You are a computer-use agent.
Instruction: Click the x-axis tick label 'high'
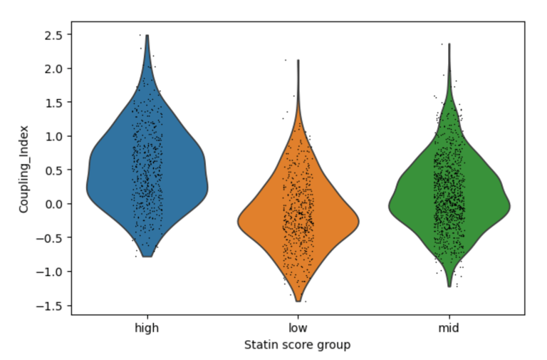[147, 328]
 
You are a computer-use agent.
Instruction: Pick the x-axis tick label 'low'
[298, 328]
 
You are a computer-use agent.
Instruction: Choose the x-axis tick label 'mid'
[449, 328]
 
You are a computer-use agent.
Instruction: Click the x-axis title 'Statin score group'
[298, 344]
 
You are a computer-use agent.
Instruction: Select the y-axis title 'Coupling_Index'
[24, 170]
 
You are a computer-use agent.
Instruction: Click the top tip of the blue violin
[147, 36]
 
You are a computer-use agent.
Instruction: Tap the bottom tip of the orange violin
[298, 301]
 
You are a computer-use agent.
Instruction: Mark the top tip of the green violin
[449, 44]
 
